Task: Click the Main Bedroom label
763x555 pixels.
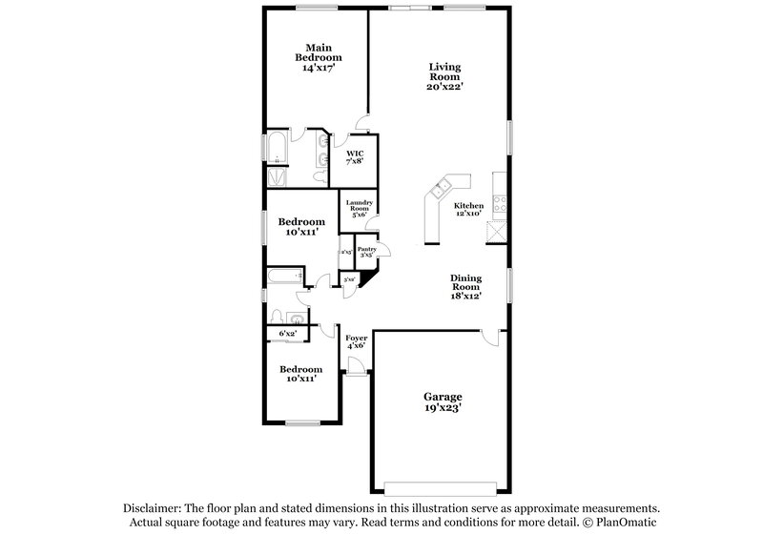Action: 318,57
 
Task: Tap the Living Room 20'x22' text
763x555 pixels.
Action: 444,76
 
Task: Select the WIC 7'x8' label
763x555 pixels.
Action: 355,156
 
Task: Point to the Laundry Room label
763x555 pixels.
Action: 359,208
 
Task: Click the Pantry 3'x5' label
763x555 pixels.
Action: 367,252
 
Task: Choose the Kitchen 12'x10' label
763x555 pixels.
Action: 468,210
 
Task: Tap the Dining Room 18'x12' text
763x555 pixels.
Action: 465,285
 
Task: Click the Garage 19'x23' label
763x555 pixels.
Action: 443,401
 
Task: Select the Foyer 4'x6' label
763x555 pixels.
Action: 356,340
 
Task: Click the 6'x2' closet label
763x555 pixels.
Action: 287,333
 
